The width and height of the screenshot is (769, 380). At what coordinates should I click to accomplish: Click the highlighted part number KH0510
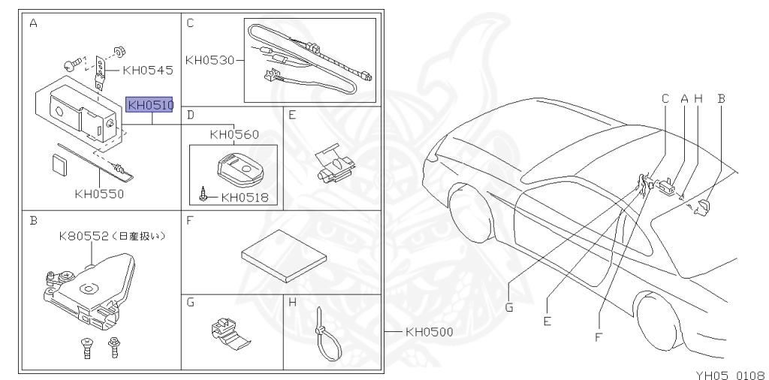pyautogui.click(x=149, y=104)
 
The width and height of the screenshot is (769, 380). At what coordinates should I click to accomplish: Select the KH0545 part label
pyautogui.click(x=148, y=70)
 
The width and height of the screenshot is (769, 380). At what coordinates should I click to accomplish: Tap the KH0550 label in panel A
pyautogui.click(x=100, y=194)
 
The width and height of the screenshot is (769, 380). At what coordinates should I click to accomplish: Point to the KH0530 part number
pyautogui.click(x=210, y=60)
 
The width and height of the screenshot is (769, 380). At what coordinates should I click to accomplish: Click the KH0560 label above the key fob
pyautogui.click(x=234, y=134)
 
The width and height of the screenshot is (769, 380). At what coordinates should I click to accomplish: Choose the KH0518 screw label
pyautogui.click(x=245, y=198)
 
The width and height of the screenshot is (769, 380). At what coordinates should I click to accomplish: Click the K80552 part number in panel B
pyautogui.click(x=83, y=237)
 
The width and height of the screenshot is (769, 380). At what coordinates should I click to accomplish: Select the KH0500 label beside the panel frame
pyautogui.click(x=429, y=332)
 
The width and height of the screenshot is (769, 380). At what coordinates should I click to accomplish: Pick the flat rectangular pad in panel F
pyautogui.click(x=284, y=255)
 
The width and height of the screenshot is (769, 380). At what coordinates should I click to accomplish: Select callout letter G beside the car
pyautogui.click(x=508, y=307)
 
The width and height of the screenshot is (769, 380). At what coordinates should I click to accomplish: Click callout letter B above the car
pyautogui.click(x=721, y=98)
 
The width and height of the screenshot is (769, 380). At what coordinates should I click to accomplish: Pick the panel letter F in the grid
pyautogui.click(x=190, y=221)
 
